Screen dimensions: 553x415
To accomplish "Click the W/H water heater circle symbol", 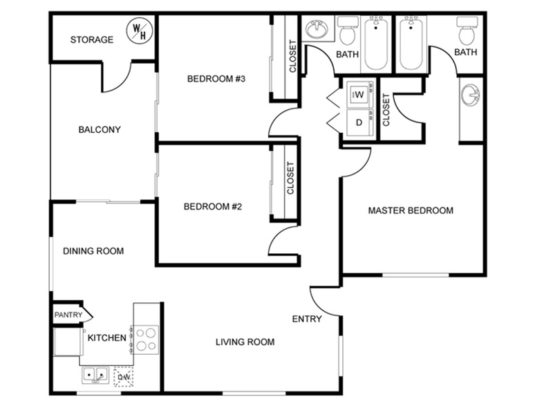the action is click(x=140, y=31).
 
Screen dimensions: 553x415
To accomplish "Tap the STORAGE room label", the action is click(x=92, y=39).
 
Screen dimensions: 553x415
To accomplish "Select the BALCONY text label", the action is click(x=100, y=129).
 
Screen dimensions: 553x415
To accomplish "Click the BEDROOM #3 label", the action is click(x=216, y=78).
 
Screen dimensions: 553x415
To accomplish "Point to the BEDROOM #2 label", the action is click(x=213, y=206).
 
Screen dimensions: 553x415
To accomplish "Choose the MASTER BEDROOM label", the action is click(x=411, y=211).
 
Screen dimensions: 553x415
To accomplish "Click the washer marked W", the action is click(x=359, y=95).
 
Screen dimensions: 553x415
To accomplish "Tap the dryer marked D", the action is click(x=359, y=122).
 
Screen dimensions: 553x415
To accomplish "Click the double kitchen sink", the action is click(x=95, y=375).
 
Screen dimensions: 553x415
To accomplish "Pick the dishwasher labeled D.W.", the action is click(x=124, y=377).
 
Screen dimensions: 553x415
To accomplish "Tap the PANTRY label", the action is click(x=68, y=315).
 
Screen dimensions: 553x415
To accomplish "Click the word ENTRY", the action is click(x=307, y=319).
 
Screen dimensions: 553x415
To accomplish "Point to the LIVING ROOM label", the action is click(x=245, y=342).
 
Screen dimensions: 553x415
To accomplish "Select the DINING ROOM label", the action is click(x=93, y=251).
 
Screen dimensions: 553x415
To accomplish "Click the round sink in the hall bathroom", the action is click(x=317, y=29).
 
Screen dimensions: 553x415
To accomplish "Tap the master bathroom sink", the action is click(x=471, y=95).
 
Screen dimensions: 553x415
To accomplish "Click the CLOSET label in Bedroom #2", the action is click(x=290, y=178).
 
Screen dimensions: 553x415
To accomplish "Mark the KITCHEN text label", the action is click(x=107, y=338).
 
